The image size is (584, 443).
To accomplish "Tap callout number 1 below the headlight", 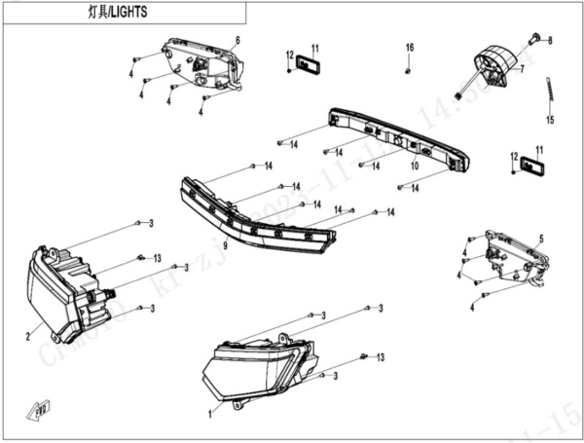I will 209,412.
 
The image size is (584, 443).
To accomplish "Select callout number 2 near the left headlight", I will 28,339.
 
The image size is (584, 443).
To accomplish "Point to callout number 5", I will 541,240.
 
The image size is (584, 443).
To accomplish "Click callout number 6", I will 237,39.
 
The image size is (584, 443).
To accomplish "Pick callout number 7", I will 522,70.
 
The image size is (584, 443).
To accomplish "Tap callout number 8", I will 550,41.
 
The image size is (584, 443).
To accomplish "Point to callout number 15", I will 549,121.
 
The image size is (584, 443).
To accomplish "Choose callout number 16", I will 410,48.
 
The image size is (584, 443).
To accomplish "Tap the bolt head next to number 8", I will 534,37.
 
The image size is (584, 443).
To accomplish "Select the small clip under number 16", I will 410,69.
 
